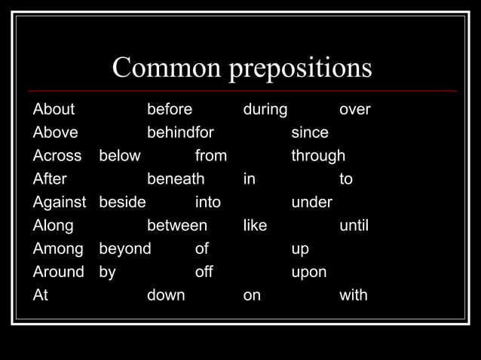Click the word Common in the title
click(166, 69)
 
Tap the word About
click(54, 109)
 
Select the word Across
click(57, 156)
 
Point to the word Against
click(60, 203)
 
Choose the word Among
click(58, 249)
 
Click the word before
click(170, 109)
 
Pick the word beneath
click(176, 179)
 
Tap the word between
click(176, 225)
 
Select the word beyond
click(125, 249)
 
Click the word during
click(265, 110)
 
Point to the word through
click(318, 157)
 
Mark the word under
click(312, 203)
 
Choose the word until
click(354, 225)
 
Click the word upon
click(309, 273)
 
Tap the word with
click(354, 295)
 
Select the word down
click(166, 295)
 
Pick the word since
click(310, 133)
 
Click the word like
click(255, 225)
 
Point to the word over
click(355, 110)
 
